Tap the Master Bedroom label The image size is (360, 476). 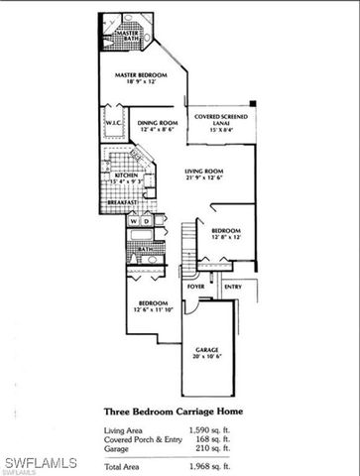click(x=140, y=74)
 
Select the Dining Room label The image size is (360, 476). click(x=158, y=122)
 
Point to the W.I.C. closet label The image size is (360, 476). click(x=112, y=125)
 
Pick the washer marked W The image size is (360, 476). click(x=132, y=220)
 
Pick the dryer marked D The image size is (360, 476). click(x=145, y=220)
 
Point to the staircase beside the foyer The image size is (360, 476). click(x=188, y=249)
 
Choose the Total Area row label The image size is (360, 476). click(x=126, y=464)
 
